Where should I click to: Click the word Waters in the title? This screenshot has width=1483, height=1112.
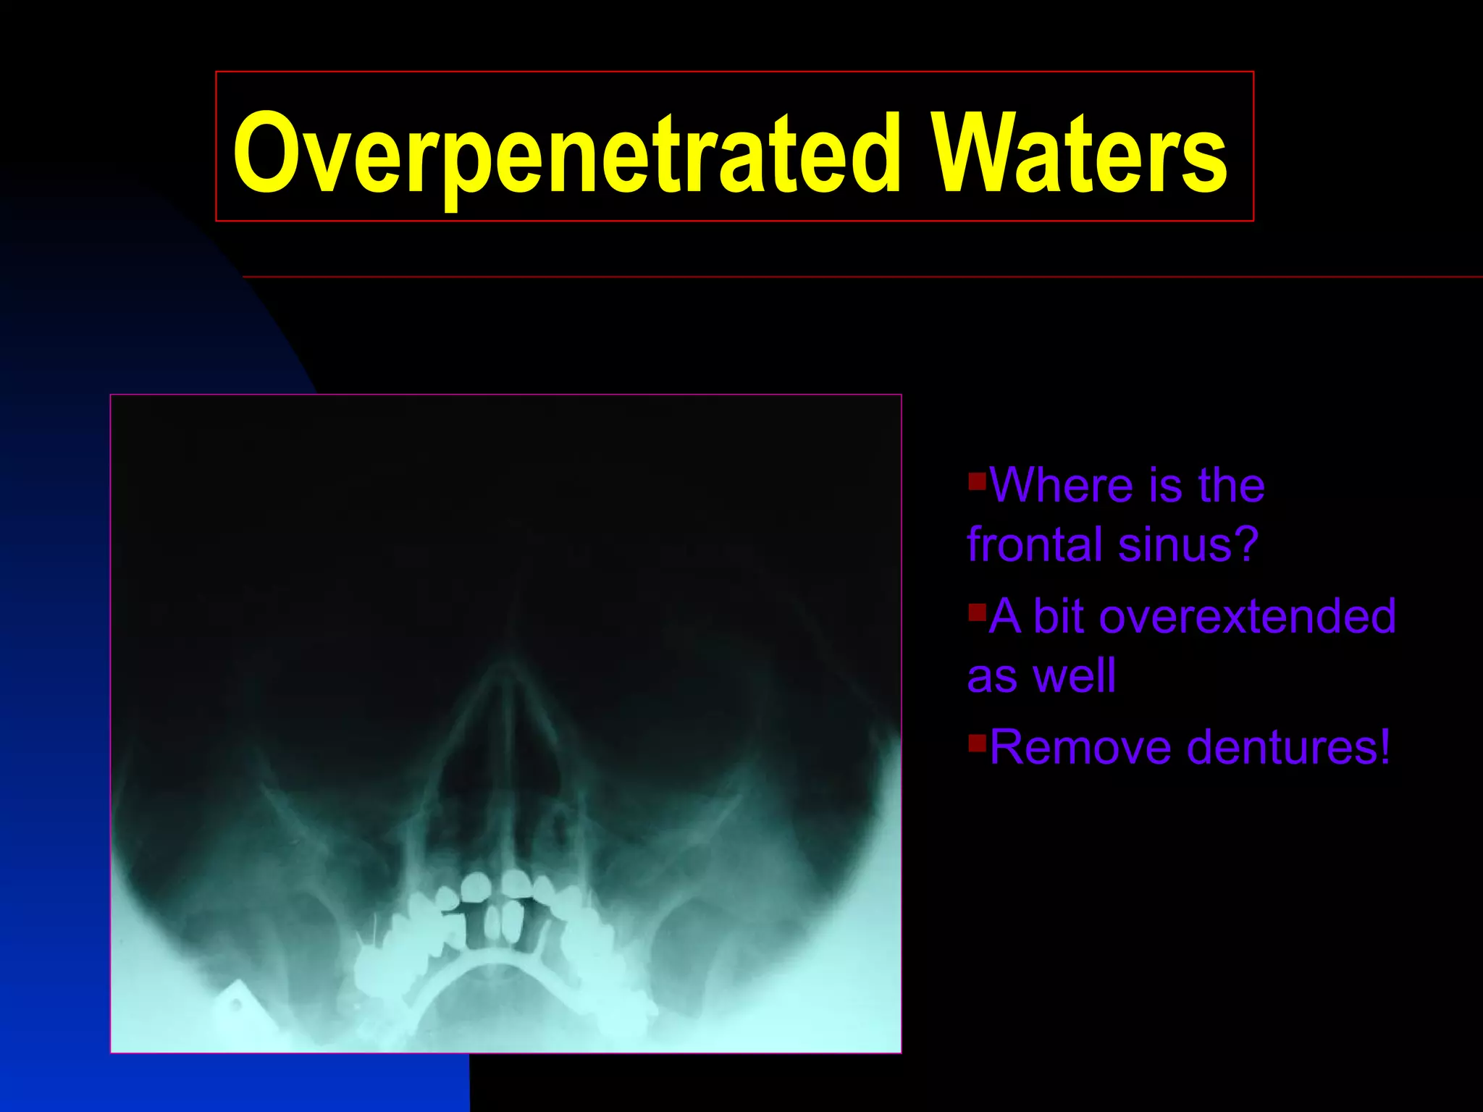tap(1078, 153)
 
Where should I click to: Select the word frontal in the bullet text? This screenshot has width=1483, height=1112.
tap(1035, 544)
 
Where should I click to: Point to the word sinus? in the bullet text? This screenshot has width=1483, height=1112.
tap(1188, 544)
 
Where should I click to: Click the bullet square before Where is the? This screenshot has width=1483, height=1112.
tap(977, 480)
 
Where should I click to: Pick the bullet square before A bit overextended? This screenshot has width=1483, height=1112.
tap(977, 612)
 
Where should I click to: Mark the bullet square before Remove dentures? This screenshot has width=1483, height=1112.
tap(977, 743)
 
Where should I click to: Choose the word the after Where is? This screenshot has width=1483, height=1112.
tap(1231, 485)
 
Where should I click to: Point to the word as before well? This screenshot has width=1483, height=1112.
tap(992, 676)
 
